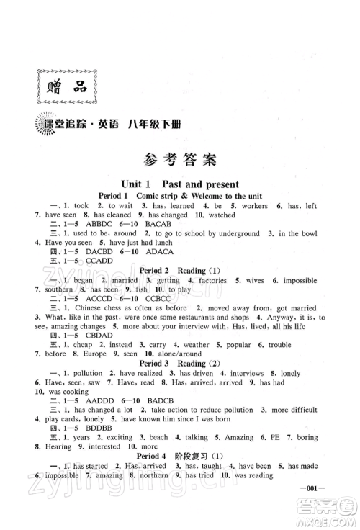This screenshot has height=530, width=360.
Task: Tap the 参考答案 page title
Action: tap(179, 159)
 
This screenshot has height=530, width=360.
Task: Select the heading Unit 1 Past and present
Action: tap(180, 184)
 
